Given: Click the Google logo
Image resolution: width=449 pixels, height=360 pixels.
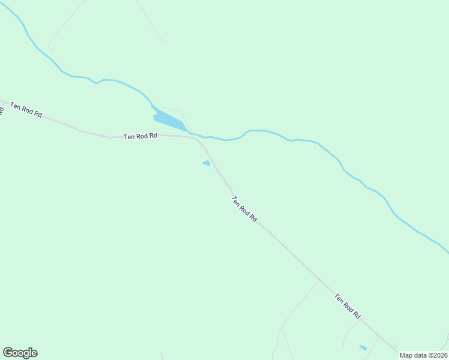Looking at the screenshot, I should pos(20,353).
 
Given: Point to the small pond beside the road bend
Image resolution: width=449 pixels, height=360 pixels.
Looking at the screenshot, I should pos(206,163).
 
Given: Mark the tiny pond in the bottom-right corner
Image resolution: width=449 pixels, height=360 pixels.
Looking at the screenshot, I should pos(363,347).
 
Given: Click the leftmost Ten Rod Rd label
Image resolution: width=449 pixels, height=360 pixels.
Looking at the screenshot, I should pos(26,110).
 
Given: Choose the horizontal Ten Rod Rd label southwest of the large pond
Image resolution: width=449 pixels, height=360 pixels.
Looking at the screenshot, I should pos(140,136).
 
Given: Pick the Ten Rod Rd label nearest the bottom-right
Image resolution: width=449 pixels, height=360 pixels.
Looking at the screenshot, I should pos(348,306).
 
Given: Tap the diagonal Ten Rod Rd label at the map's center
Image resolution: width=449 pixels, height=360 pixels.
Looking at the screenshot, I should pos(244,209).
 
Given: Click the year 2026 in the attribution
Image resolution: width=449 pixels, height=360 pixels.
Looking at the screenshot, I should pos(438,355).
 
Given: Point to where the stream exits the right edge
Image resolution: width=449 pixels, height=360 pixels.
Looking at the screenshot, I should pos(447,251).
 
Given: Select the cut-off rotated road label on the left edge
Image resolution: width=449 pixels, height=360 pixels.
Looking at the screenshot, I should pos(2,112).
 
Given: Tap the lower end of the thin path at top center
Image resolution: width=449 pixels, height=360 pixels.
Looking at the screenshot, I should pos(162,42).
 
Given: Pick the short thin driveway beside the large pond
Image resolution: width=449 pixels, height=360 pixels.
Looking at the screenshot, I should pos(180,114).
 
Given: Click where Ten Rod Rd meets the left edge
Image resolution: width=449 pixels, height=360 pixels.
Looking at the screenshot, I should pos(1,101).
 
